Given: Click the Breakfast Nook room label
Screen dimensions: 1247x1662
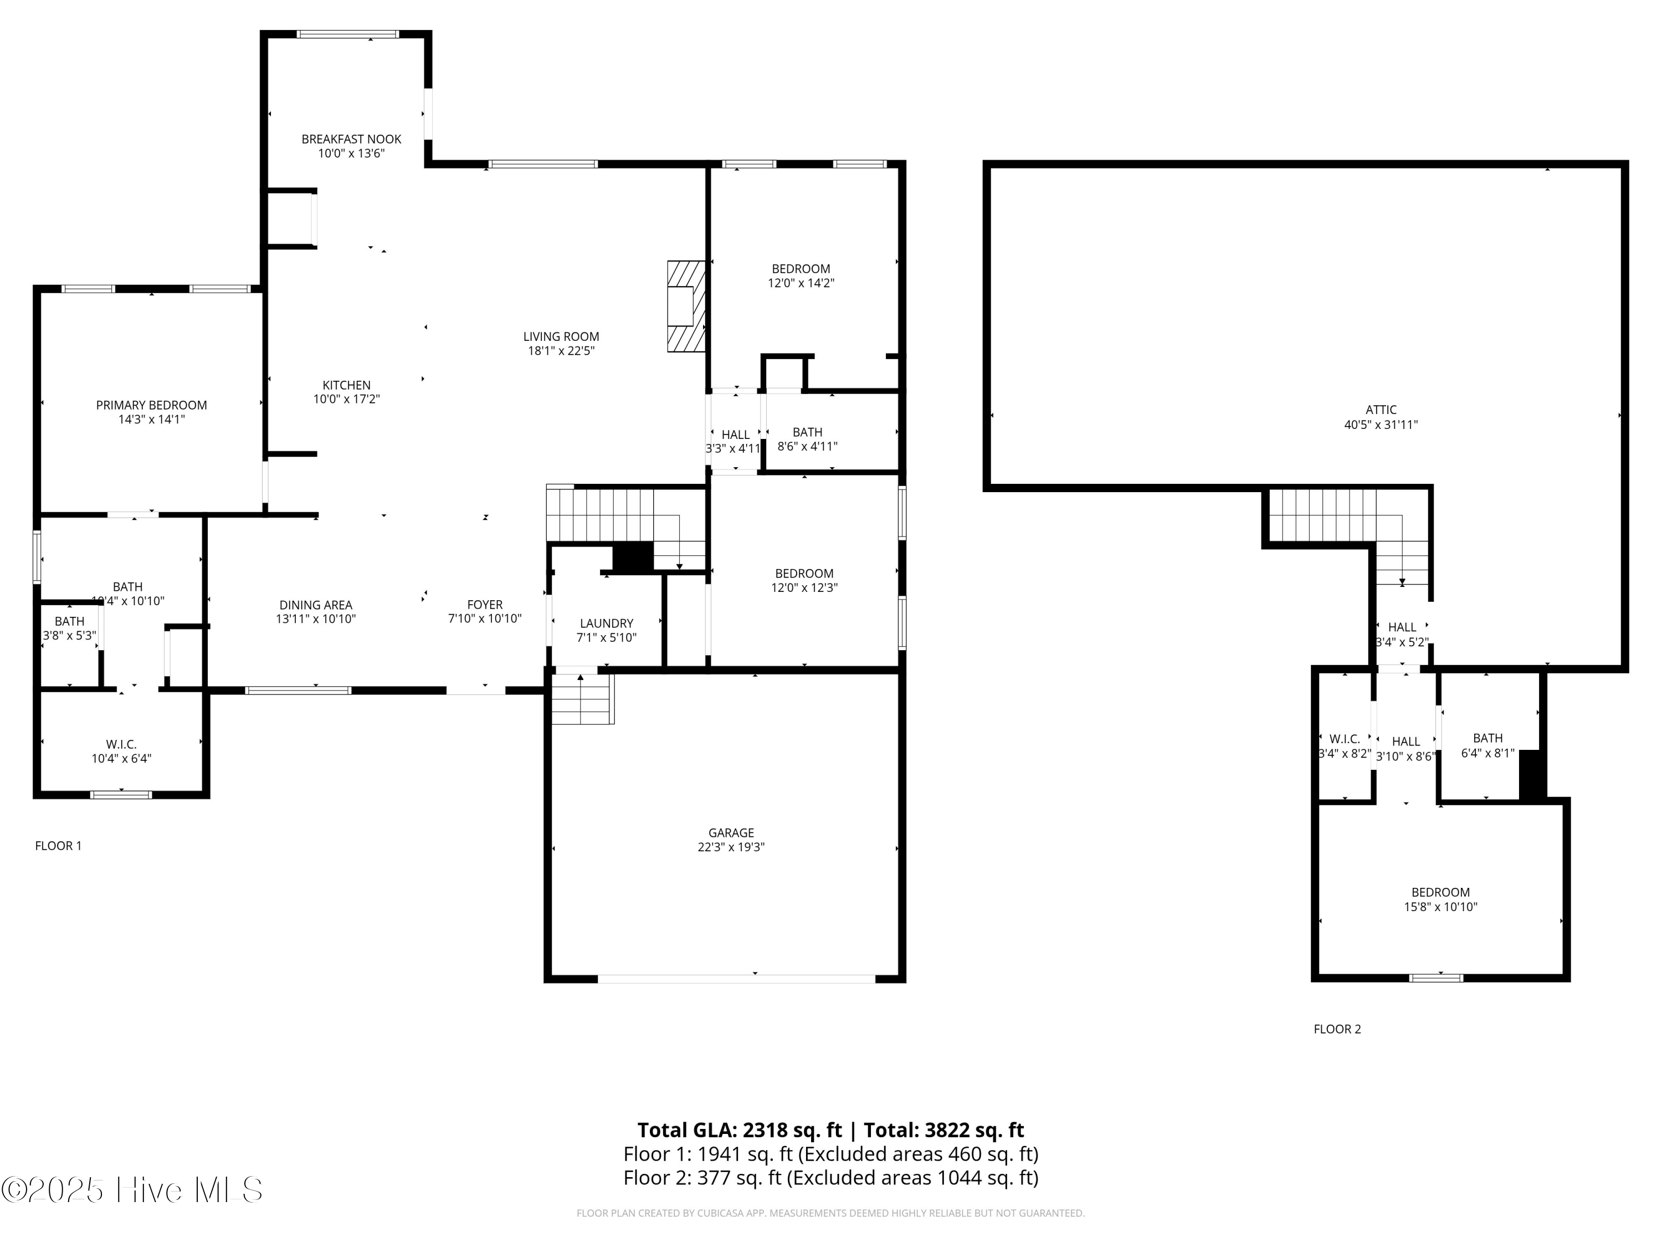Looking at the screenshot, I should tap(351, 139).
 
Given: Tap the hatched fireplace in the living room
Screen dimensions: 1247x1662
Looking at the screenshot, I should tap(686, 306).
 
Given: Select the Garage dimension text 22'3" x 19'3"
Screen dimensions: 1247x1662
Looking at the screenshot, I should tap(730, 847).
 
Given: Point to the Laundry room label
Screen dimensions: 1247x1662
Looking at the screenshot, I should tap(606, 623).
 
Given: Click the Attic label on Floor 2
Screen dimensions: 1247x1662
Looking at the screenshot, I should tap(1380, 410).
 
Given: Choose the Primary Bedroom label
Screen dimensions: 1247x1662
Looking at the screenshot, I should tap(151, 405).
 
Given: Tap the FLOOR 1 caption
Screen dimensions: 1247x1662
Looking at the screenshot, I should tap(58, 846).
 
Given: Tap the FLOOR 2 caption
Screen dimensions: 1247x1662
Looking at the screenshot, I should tap(1337, 1029).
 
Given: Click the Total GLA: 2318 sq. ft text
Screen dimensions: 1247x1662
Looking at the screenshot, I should tap(740, 1130).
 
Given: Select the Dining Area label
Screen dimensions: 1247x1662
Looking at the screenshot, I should tap(316, 605).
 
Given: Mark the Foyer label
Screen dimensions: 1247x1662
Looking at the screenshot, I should tap(485, 604).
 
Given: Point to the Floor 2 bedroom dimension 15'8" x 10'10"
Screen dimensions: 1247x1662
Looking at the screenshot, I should tap(1440, 907).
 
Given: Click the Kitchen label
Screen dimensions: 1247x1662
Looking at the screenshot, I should tap(346, 385).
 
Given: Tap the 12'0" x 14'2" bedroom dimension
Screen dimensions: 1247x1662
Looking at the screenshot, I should tap(801, 283).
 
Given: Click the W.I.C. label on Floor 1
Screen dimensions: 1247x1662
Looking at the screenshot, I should tap(121, 744).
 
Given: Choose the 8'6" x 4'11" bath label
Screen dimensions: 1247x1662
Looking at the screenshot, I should tap(807, 446).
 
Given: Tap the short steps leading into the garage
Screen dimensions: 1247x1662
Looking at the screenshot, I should tap(582, 699).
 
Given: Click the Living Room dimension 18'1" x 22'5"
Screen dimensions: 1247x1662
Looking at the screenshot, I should tap(561, 350).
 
